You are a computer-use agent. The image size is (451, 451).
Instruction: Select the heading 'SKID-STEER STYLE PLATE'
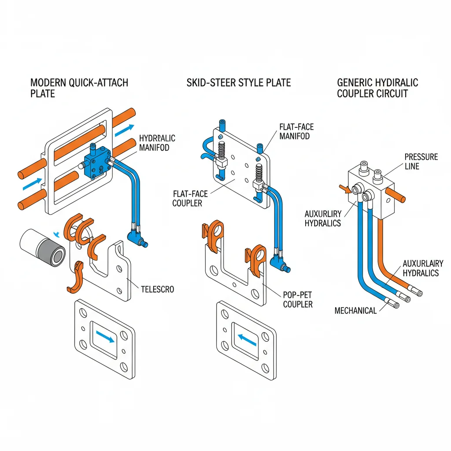tap(238, 83)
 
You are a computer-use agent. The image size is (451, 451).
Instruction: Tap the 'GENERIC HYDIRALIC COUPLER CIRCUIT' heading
tap(377, 88)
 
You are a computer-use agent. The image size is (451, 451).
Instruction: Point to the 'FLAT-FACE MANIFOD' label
tap(296, 131)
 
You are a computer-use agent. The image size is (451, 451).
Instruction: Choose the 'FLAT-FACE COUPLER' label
tap(190, 198)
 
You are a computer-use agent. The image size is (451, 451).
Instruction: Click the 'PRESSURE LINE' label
tap(421, 161)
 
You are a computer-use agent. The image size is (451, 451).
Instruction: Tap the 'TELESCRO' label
tap(157, 289)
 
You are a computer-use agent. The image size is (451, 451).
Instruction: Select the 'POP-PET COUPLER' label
tap(298, 299)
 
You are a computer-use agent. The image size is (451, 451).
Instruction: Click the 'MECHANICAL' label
tap(355, 311)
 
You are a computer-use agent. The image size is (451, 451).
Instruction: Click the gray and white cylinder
tap(42, 247)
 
